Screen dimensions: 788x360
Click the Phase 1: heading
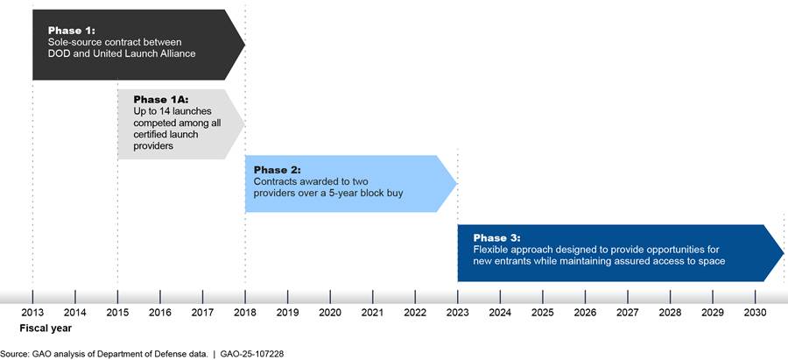point(72,30)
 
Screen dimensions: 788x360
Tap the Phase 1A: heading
point(160,100)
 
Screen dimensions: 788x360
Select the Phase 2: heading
point(278,169)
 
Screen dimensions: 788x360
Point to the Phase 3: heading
point(497,238)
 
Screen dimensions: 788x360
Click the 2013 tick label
point(32,313)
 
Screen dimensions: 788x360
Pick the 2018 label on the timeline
point(245,313)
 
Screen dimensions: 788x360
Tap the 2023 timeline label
point(458,313)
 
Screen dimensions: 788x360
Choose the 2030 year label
point(756,313)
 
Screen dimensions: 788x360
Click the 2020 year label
point(330,313)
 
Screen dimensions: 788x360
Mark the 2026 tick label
point(586,313)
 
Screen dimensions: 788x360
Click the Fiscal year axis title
point(46,328)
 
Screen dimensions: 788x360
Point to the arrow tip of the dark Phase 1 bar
point(245,45)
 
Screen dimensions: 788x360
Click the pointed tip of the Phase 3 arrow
point(784,253)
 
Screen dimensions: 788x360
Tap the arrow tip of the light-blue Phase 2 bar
point(457,184)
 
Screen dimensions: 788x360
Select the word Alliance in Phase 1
point(179,53)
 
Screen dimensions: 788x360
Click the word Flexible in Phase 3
point(489,250)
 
